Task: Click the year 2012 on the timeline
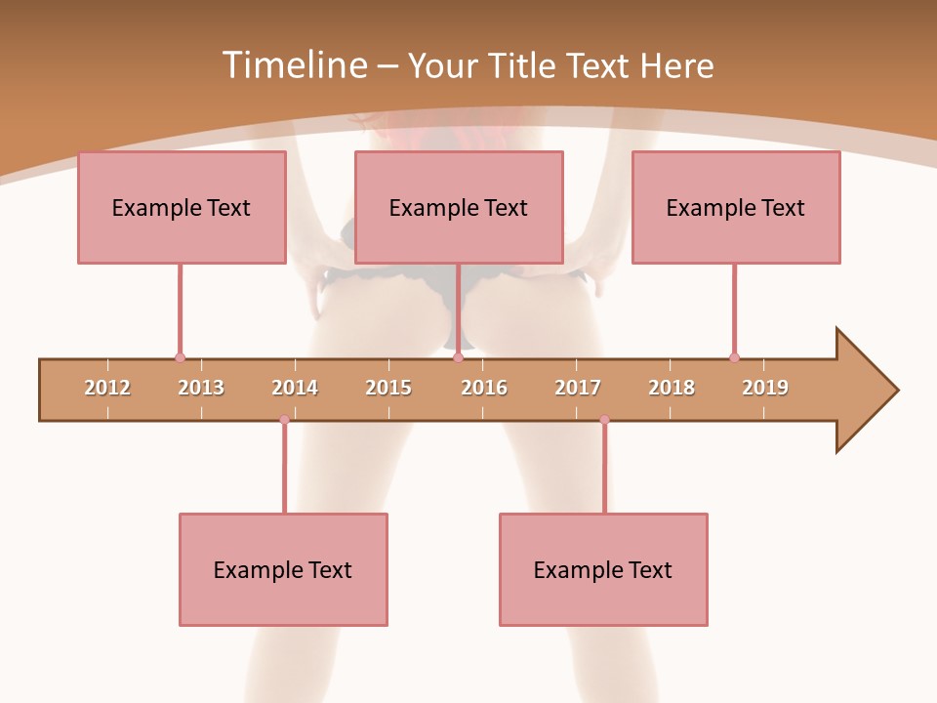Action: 107,388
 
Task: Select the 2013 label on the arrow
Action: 201,388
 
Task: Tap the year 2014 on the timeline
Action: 295,388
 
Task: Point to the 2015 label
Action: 388,388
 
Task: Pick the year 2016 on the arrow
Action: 484,388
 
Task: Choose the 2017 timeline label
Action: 578,388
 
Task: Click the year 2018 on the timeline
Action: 672,388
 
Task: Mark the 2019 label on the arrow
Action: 765,388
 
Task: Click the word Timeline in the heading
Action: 292,65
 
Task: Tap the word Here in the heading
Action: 676,65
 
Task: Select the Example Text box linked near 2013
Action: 182,207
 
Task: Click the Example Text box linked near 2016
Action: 459,207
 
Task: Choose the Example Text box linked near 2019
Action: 736,207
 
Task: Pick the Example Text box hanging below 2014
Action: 283,569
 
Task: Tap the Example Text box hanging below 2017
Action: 603,569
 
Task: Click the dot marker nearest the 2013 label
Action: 180,357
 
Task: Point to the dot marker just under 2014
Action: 284,420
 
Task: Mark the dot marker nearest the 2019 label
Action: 734,357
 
